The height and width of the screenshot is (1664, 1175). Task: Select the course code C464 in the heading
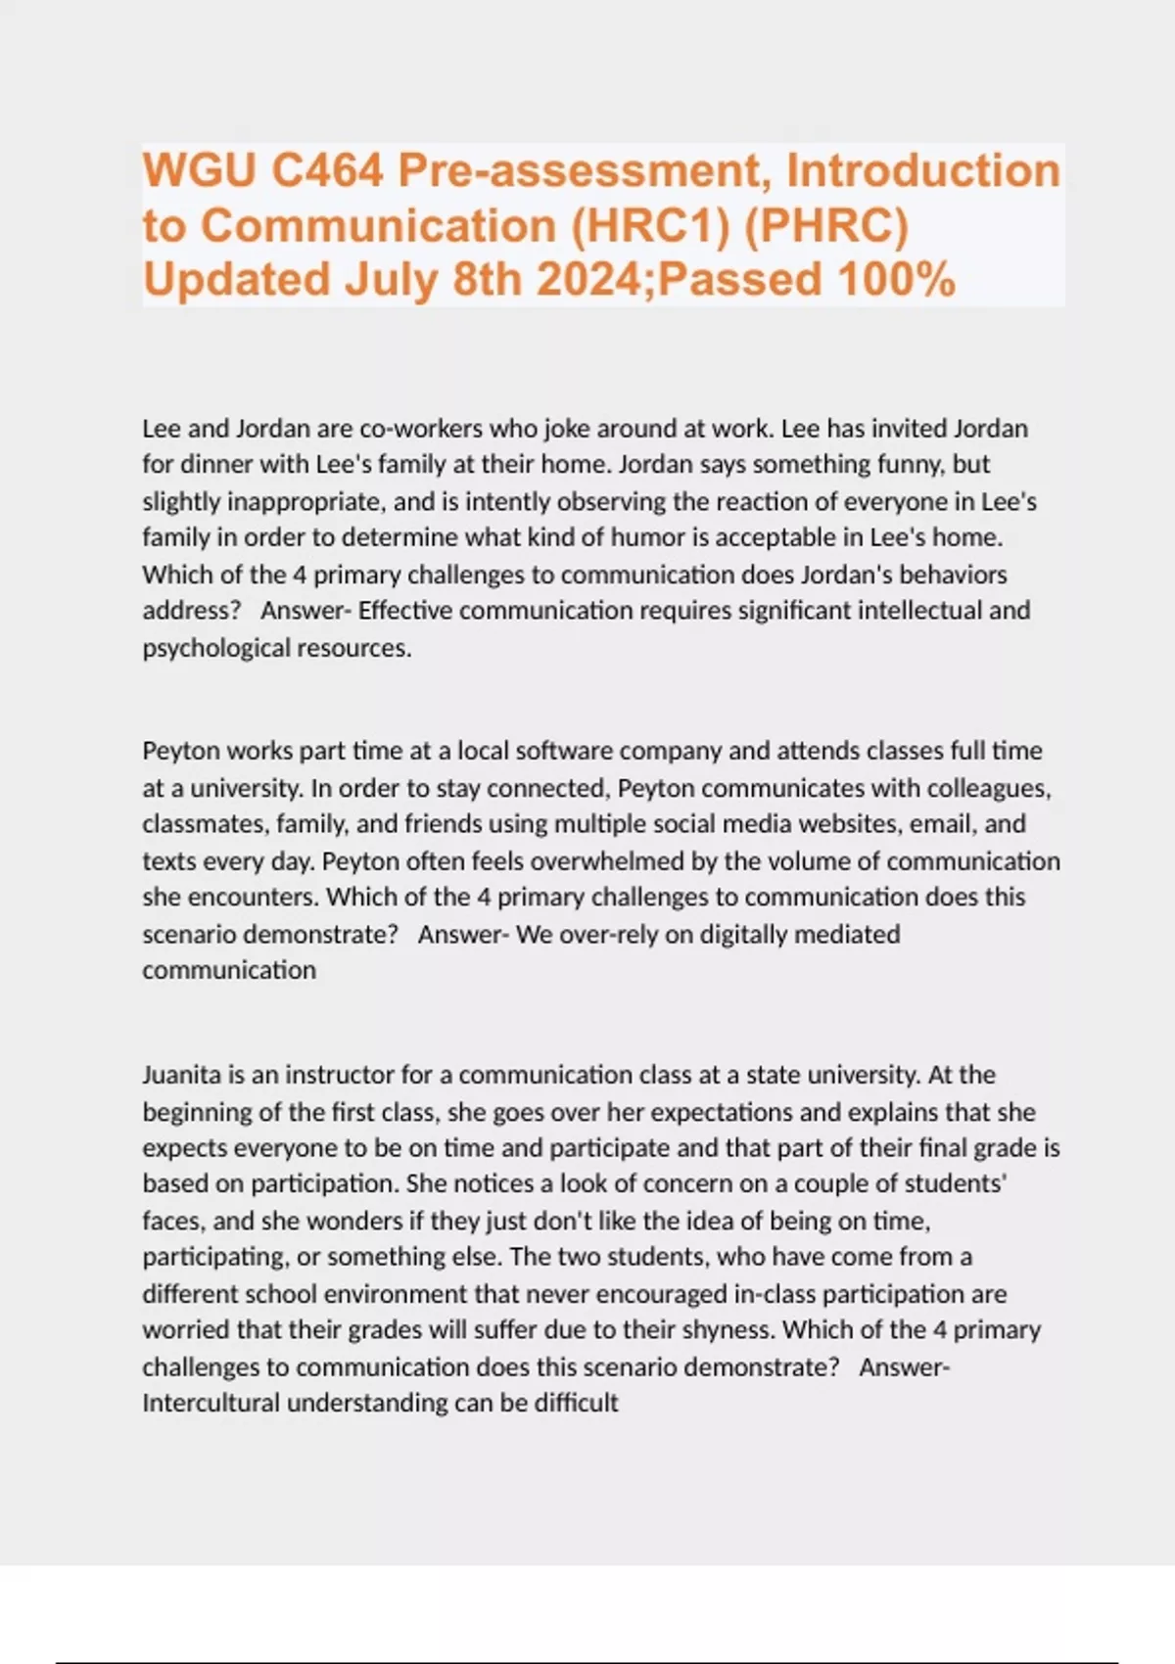(327, 171)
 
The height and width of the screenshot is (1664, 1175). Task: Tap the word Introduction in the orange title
(923, 171)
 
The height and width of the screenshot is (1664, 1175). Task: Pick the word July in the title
(391, 280)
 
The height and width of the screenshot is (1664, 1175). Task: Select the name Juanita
(182, 1075)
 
